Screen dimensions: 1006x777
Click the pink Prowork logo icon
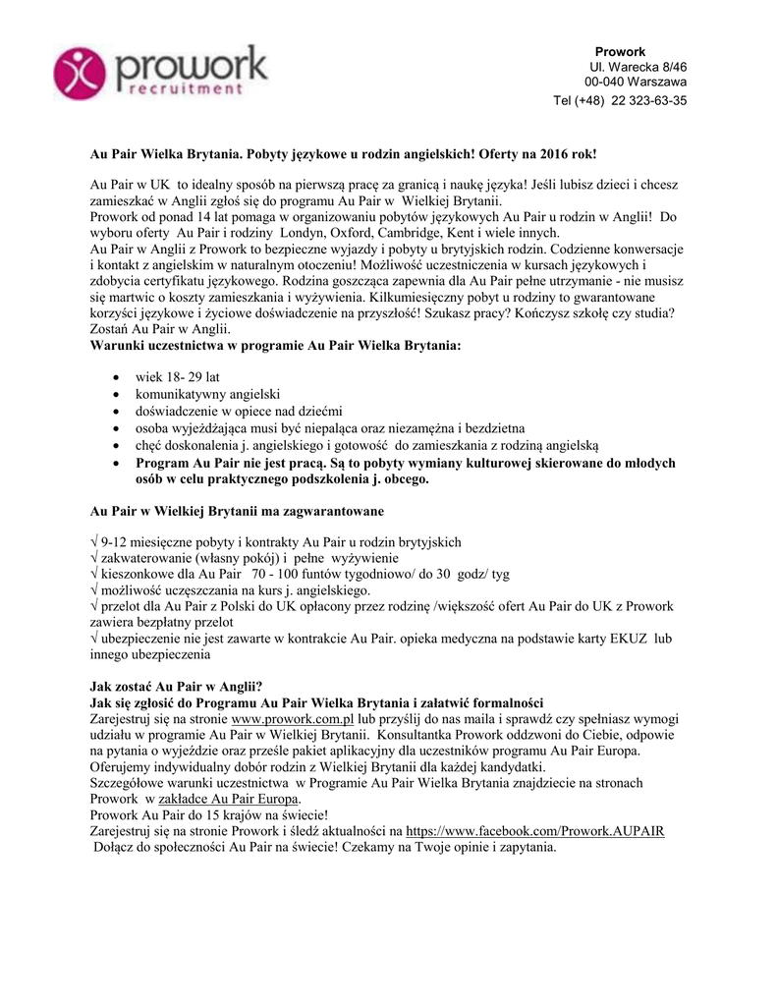[82, 70]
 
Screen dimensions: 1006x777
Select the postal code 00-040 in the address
[605, 82]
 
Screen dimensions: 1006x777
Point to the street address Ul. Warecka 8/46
[638, 66]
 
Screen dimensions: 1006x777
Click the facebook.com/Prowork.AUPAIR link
[534, 830]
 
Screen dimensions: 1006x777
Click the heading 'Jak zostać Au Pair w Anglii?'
[176, 687]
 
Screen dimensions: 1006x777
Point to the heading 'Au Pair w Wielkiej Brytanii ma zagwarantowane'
[237, 511]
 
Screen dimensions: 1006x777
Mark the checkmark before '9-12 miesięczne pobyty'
[93, 542]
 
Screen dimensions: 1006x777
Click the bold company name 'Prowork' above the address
[620, 51]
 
